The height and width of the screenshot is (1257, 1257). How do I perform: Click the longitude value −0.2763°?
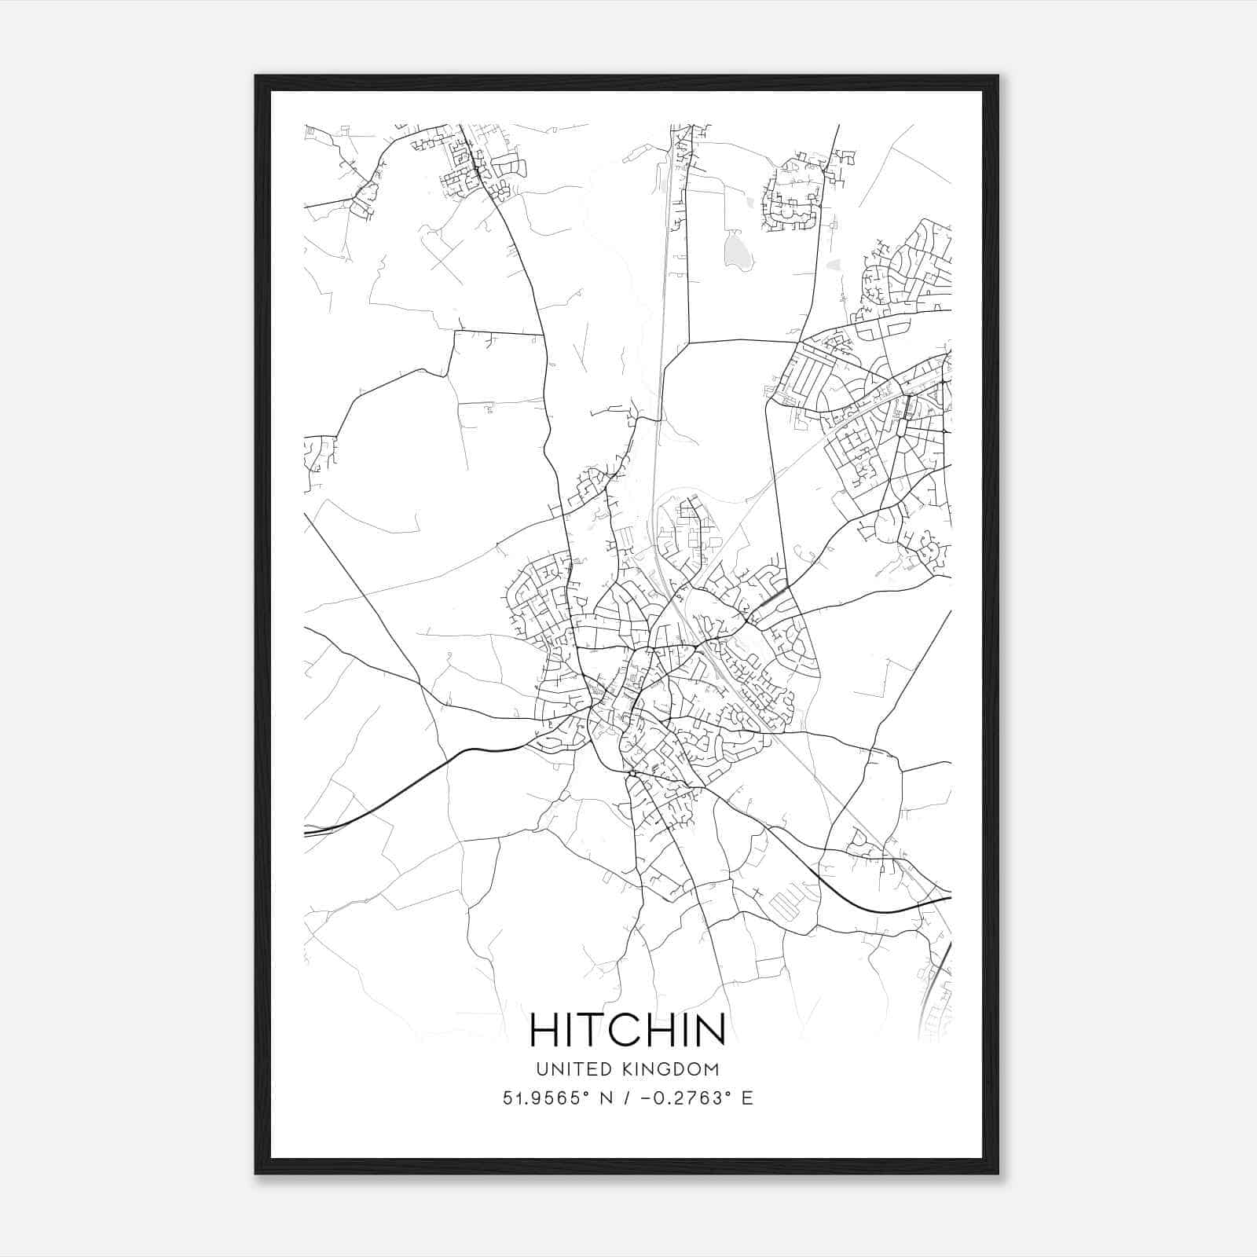click(683, 1098)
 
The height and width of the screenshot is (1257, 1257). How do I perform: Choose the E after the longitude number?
click(747, 1098)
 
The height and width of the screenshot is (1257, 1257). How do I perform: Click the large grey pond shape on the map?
click(737, 252)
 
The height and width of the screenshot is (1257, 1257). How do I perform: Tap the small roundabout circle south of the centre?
click(631, 774)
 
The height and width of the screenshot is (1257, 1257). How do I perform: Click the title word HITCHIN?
click(628, 1029)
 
